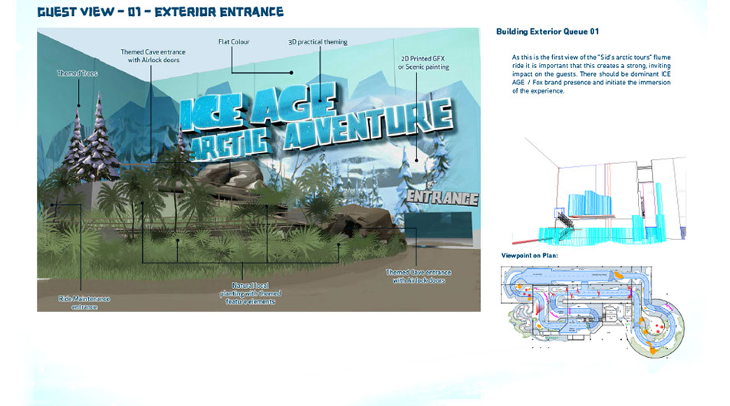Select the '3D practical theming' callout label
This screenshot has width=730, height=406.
coord(318,42)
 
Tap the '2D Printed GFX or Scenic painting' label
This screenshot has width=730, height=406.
coord(423,62)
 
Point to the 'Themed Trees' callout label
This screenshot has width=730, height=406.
coord(71,74)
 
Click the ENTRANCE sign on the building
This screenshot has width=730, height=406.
coord(442,198)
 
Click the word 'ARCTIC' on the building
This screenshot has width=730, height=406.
coord(232,139)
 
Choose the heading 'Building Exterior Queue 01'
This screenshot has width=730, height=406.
coord(547,31)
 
